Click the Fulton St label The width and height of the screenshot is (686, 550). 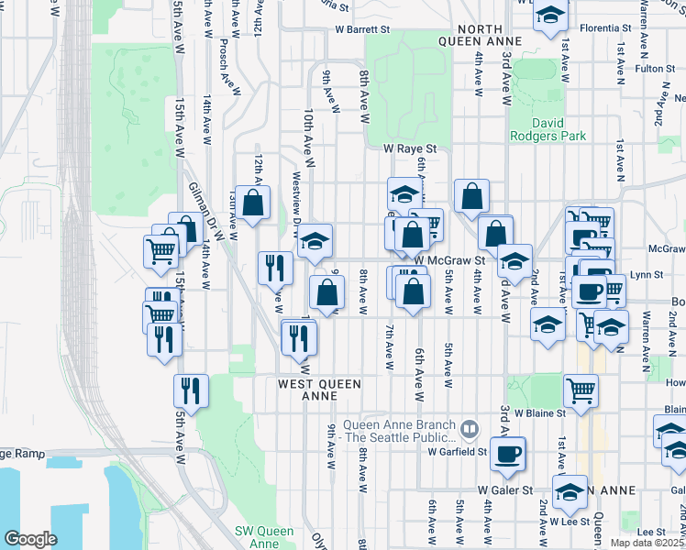[655, 69]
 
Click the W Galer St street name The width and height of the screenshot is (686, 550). [504, 490]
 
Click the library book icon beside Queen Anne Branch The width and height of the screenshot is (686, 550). [470, 428]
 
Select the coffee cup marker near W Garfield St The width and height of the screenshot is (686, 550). [506, 452]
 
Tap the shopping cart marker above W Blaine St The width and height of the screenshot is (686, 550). [581, 389]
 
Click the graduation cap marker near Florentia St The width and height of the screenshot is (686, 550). [550, 16]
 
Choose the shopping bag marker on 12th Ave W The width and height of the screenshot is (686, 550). [254, 200]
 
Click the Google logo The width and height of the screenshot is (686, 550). [30, 539]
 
